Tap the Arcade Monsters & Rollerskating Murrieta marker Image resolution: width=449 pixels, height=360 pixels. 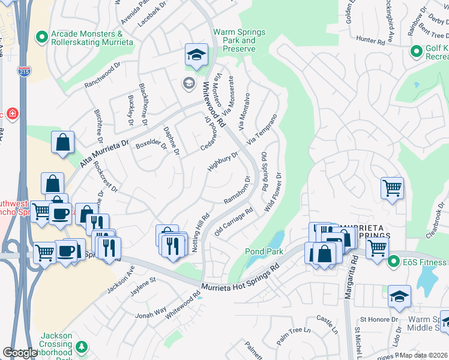[x=41, y=38]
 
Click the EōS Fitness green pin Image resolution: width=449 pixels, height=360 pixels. [x=394, y=261]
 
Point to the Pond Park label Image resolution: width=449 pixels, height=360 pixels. [x=263, y=251]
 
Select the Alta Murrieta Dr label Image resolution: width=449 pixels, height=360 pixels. [x=104, y=154]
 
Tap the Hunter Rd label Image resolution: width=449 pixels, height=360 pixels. [x=370, y=41]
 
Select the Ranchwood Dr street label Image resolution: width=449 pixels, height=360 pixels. [x=103, y=76]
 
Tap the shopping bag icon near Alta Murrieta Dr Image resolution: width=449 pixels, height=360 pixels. [x=62, y=143]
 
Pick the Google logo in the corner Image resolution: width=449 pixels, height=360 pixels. [x=20, y=353]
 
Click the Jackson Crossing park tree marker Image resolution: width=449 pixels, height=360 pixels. [x=82, y=347]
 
